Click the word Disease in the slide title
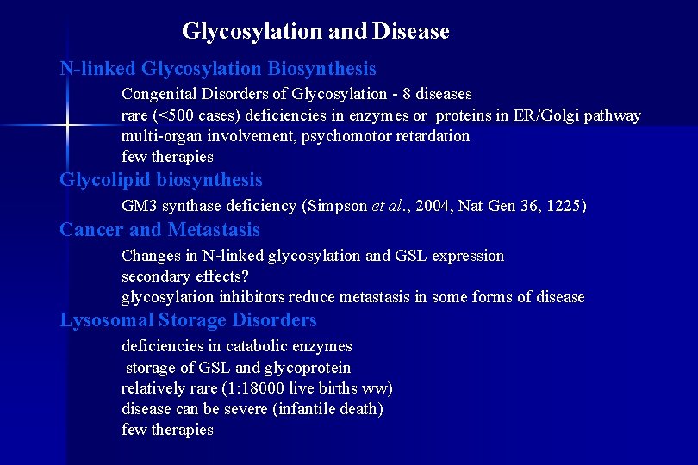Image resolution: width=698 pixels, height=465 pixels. pyautogui.click(x=411, y=32)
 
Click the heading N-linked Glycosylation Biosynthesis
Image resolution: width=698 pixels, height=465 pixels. pyautogui.click(x=218, y=68)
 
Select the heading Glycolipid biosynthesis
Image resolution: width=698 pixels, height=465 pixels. pyautogui.click(x=161, y=180)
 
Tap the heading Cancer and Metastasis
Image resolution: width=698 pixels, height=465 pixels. pyautogui.click(x=159, y=230)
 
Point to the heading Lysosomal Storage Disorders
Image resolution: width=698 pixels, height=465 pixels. pyautogui.click(x=188, y=320)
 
